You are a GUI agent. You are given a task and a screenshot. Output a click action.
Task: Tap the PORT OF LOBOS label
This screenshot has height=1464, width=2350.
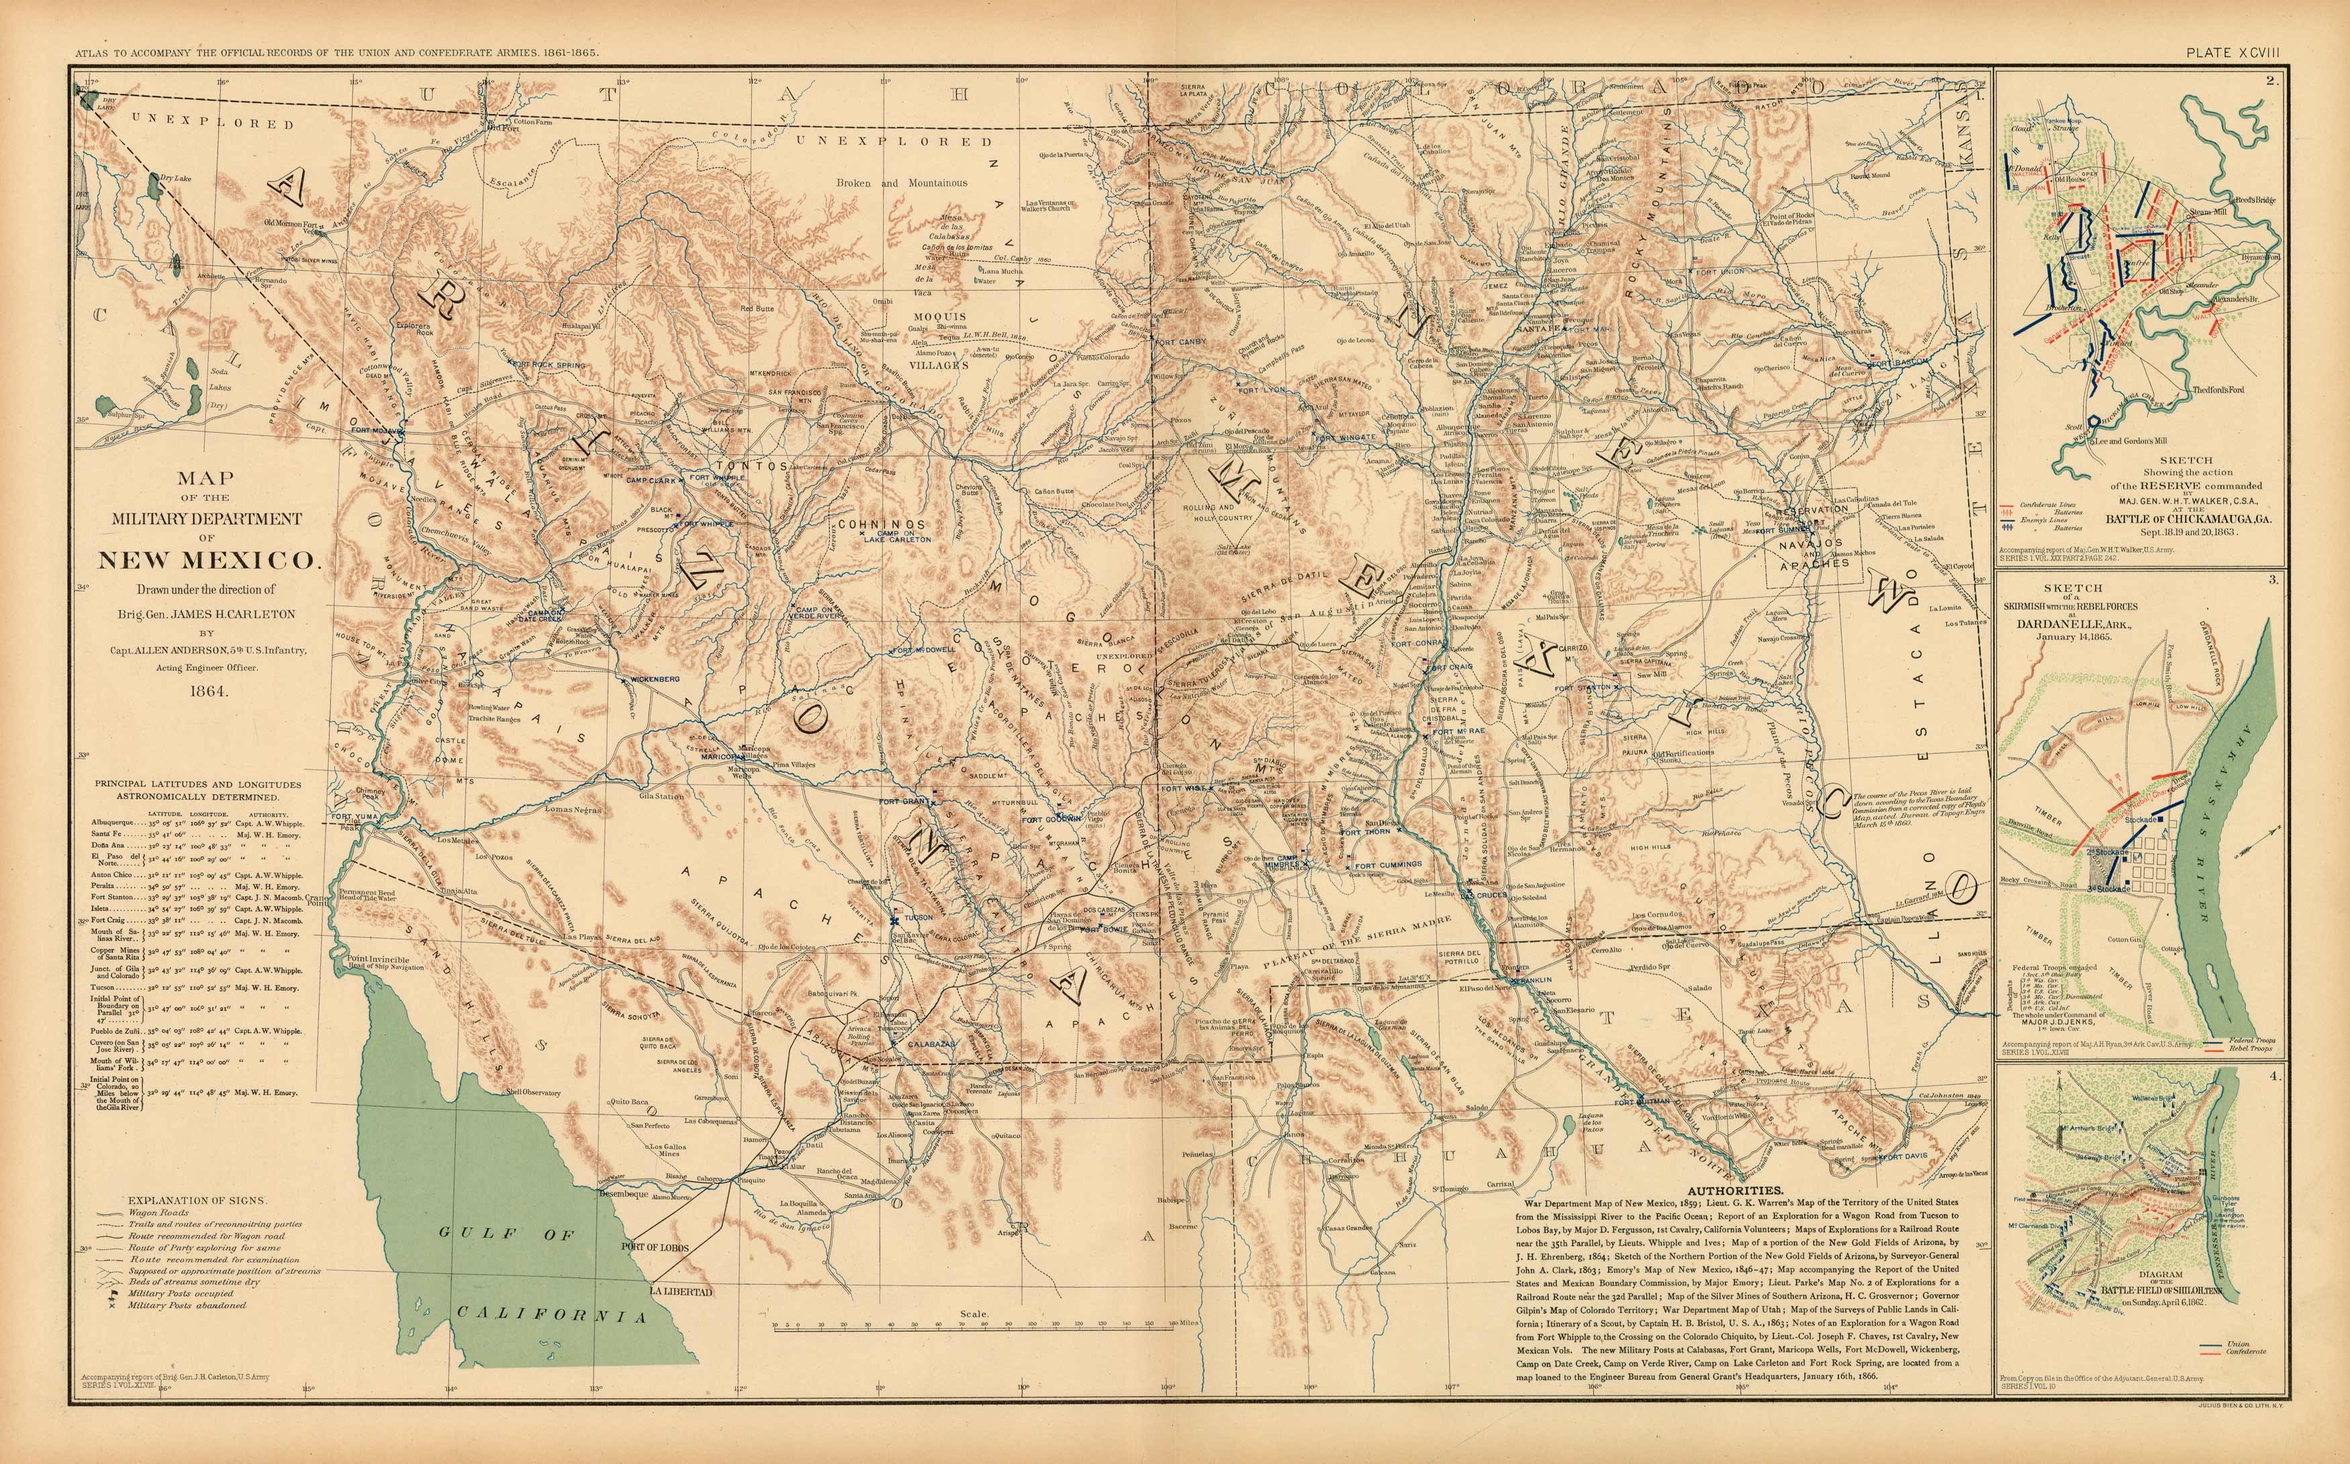click(x=655, y=1247)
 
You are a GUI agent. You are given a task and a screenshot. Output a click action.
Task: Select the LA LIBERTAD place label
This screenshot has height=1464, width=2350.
click(x=681, y=1291)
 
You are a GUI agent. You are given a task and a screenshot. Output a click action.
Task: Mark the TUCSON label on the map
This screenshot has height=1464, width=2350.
click(x=919, y=917)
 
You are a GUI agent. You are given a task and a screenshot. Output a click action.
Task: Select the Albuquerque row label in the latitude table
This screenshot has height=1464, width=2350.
click(x=118, y=823)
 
